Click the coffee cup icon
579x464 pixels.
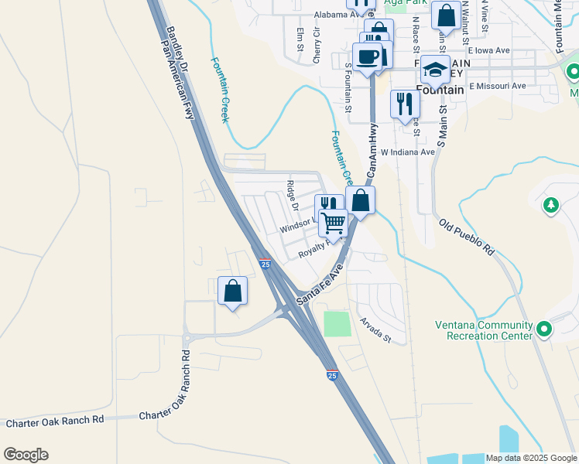(367, 56)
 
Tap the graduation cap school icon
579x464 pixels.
(436, 69)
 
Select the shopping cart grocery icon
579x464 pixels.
(334, 222)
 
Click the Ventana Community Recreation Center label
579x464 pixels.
(484, 330)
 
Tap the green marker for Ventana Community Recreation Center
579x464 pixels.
(544, 330)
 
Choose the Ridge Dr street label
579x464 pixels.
(293, 196)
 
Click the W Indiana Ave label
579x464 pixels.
(407, 152)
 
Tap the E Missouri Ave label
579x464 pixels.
(497, 86)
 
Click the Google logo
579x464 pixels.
(26, 455)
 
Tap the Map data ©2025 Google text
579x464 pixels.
(530, 458)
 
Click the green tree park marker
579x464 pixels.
(550, 206)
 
